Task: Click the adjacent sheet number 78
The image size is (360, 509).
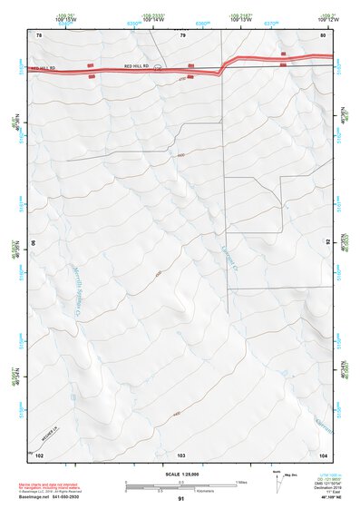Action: [39, 34]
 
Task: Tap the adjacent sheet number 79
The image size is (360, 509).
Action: [182, 34]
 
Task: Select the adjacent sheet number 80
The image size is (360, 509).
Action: [324, 34]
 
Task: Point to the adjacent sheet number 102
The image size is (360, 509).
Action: [39, 453]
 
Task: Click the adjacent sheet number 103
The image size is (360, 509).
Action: [181, 453]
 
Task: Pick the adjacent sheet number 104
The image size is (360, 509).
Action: [323, 453]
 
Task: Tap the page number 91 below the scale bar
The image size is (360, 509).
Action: [181, 499]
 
